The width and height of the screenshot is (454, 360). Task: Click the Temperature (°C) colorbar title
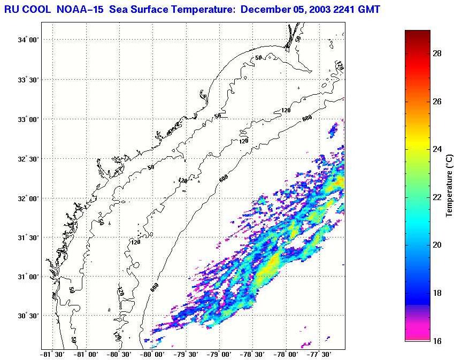450,185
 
